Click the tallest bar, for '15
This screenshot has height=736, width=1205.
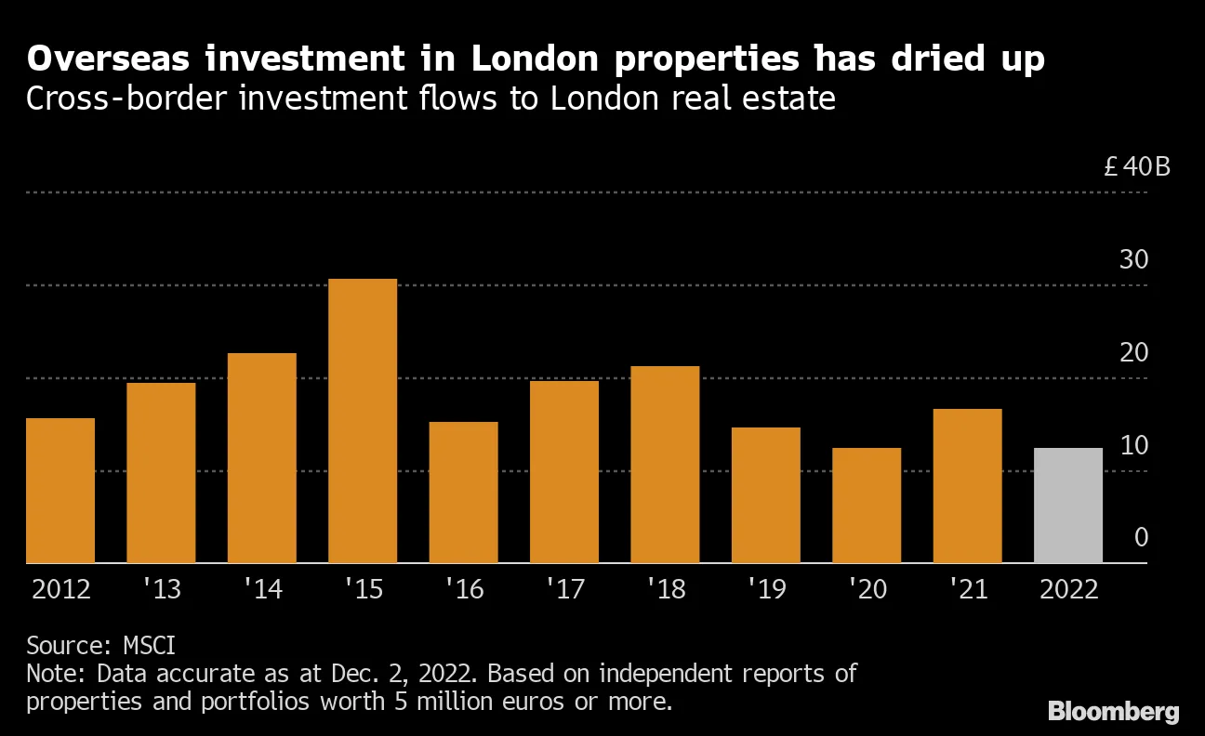click(363, 421)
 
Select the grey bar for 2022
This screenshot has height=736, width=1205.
click(1067, 506)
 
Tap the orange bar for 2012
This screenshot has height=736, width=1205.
click(60, 491)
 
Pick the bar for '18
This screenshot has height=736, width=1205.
click(665, 465)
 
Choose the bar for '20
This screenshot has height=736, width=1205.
click(867, 506)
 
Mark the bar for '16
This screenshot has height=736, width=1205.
click(463, 493)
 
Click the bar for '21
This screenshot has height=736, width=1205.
click(967, 486)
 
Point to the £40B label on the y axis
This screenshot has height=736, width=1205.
click(1136, 167)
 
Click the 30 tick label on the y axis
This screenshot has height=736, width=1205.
click(1133, 260)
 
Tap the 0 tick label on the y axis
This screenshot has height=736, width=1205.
click(1141, 538)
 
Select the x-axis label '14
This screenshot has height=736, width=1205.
click(262, 590)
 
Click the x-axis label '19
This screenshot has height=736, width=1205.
click(766, 590)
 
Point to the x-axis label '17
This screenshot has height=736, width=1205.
click(564, 590)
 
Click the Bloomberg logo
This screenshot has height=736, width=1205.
click(1113, 712)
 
